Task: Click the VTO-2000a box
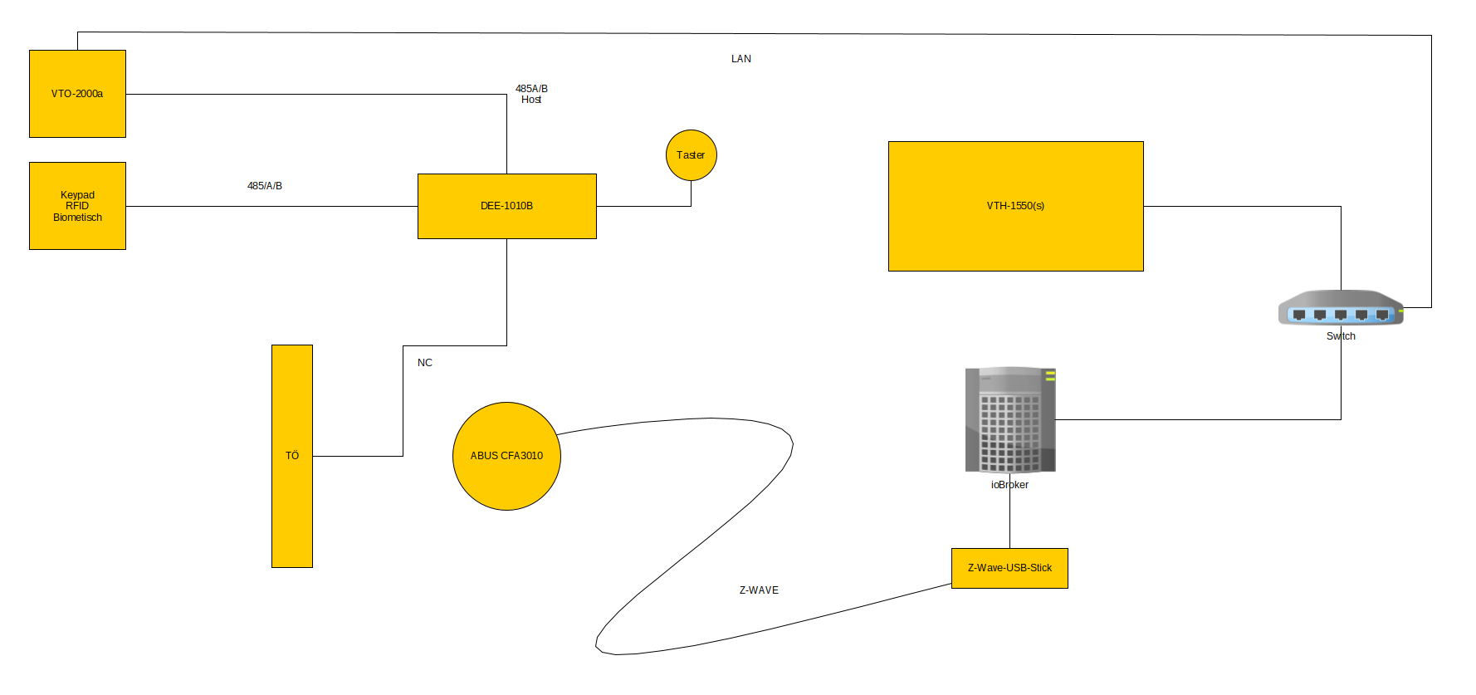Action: point(77,94)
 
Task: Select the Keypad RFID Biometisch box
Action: point(77,206)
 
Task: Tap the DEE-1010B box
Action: point(506,206)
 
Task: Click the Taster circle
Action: point(691,155)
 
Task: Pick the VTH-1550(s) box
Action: point(1015,206)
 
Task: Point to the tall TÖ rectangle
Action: point(292,456)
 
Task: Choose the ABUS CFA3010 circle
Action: point(506,456)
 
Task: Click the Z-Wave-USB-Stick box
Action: point(1009,568)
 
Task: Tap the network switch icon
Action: point(1341,308)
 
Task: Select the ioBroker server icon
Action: point(1009,419)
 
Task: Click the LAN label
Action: point(741,59)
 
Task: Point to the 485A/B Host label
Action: point(531,94)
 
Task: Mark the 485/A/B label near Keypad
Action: point(265,186)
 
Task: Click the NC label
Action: point(425,363)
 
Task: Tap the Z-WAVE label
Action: point(759,590)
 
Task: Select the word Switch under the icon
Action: point(1341,336)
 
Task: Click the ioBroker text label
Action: point(1009,485)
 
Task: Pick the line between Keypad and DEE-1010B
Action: point(274,206)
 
